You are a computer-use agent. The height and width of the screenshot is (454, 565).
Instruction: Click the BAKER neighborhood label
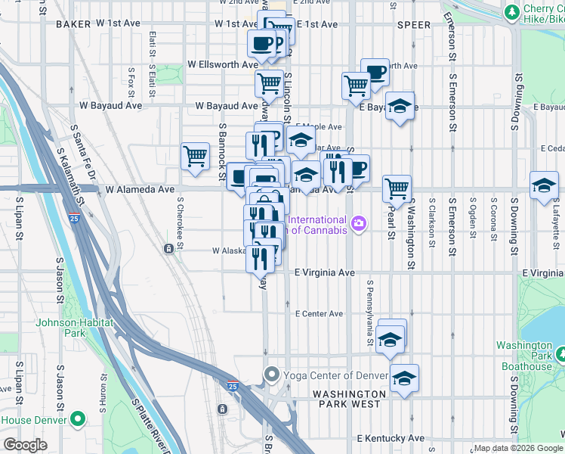pos(73,24)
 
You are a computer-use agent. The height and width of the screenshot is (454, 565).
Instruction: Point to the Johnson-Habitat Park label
pos(71,328)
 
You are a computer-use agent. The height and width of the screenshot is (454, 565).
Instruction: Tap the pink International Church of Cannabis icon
pos(358,224)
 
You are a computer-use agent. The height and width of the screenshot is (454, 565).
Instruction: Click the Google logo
pos(25,445)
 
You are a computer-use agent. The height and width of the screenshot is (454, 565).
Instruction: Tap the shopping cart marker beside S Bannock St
pos(195,156)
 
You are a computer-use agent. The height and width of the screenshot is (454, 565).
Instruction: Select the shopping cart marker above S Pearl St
pos(397,188)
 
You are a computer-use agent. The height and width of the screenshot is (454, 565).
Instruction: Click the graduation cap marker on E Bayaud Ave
pos(400,105)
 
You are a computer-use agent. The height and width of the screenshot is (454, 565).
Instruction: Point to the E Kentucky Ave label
pos(391,438)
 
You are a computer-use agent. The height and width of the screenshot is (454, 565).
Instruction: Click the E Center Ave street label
pos(319,313)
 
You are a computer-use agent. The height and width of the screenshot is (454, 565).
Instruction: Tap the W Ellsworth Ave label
pos(223,65)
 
